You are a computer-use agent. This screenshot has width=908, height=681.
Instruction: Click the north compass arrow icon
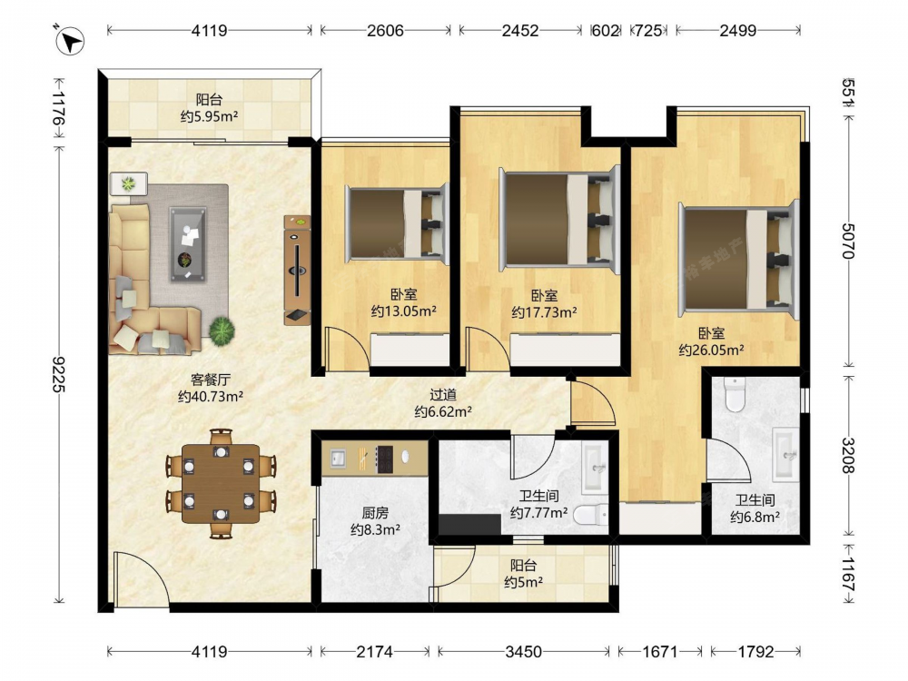click(x=70, y=41)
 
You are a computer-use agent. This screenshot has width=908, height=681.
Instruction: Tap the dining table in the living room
click(x=221, y=484)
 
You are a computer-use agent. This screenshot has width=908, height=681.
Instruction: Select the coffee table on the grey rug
click(x=188, y=245)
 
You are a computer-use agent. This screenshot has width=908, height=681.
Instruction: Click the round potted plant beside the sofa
click(x=222, y=331)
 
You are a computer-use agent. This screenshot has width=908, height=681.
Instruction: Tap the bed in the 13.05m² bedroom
click(x=398, y=223)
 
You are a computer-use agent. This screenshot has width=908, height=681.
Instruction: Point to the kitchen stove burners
click(x=384, y=459)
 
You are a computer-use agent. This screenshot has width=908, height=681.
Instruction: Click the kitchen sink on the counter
click(x=338, y=459)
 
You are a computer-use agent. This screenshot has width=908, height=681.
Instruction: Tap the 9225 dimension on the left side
click(x=58, y=374)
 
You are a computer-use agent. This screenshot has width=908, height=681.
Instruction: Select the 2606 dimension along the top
click(x=385, y=31)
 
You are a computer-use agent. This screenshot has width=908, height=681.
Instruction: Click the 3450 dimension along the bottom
click(x=524, y=652)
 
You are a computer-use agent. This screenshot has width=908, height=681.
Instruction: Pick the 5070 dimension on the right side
click(x=848, y=241)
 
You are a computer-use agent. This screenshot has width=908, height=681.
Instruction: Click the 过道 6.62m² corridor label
click(x=443, y=403)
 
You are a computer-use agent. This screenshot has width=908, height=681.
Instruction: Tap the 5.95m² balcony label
click(x=209, y=108)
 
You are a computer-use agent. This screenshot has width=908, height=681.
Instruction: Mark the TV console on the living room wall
click(x=297, y=270)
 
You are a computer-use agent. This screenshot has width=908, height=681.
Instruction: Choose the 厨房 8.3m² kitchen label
click(x=375, y=521)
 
